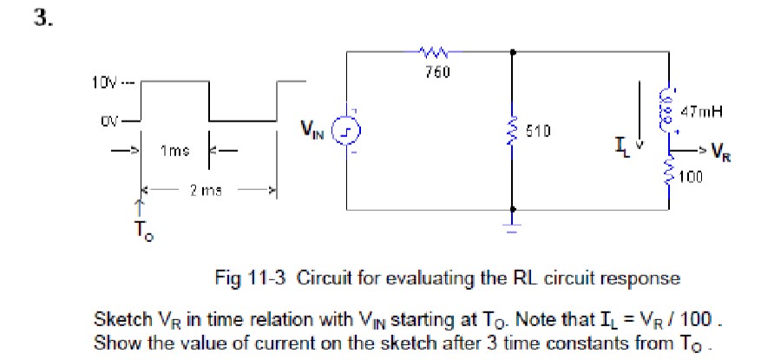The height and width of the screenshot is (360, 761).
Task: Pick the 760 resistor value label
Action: point(431,71)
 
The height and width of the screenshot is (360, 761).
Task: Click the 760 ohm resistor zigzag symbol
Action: point(431,52)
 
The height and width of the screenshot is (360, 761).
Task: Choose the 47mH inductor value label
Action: point(702,111)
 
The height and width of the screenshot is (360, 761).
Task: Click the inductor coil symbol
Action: point(669,105)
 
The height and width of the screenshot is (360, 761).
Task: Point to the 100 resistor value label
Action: point(690,177)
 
